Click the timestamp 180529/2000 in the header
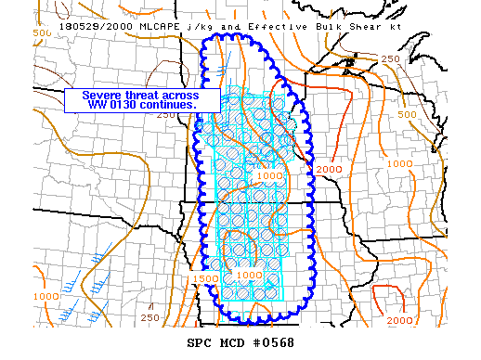click(x=95, y=26)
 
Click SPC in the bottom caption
click(x=201, y=343)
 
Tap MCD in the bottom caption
click(x=233, y=343)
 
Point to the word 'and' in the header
click(x=221, y=26)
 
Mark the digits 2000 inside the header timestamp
click(x=115, y=26)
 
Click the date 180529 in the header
click(x=79, y=26)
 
